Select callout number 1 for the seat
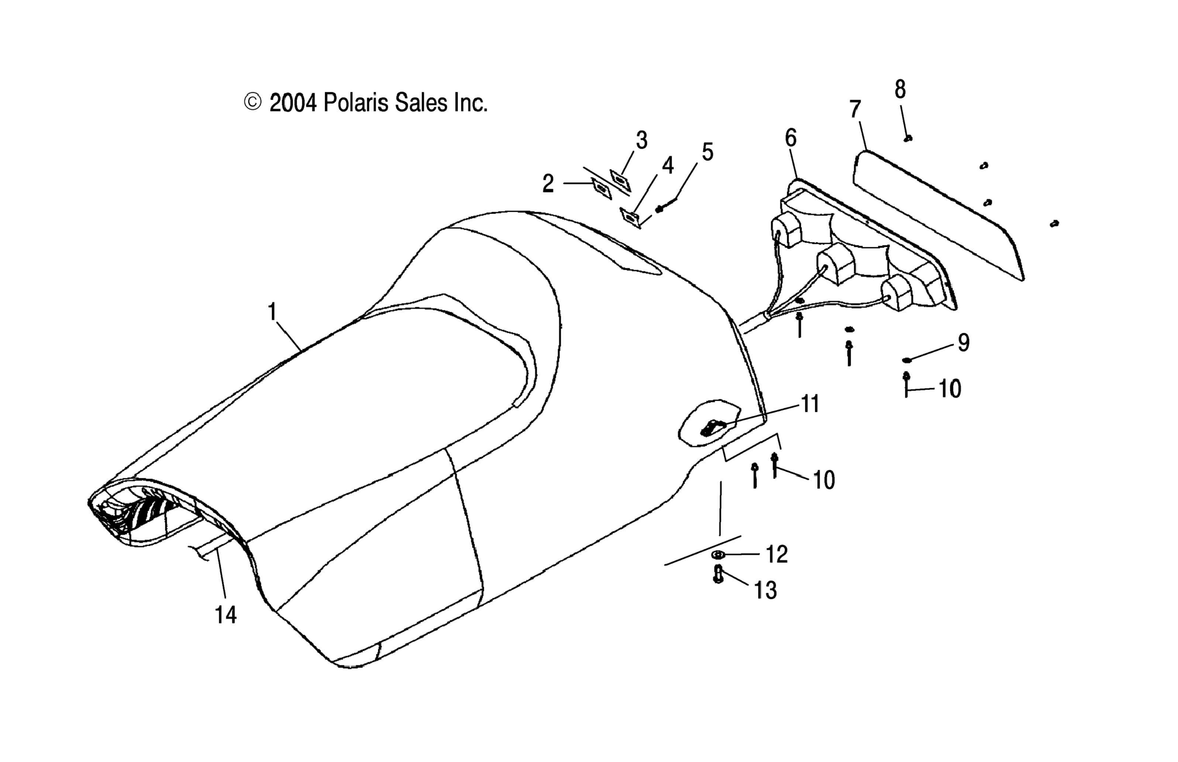coord(272,312)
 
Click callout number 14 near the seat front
coord(225,615)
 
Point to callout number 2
coord(548,183)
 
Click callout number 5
coord(707,152)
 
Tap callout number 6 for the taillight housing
coord(790,138)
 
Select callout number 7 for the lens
coord(855,109)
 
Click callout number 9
coord(963,342)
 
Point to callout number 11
coord(810,404)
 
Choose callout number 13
coord(765,591)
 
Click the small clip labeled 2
coord(602,188)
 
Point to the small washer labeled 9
coord(906,359)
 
